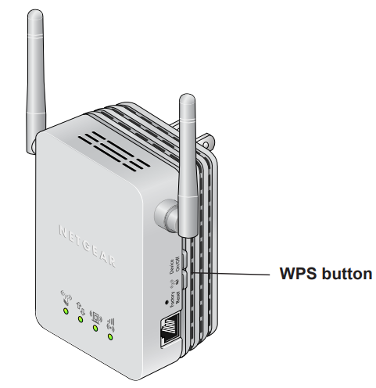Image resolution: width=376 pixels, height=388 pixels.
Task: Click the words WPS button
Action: [x=326, y=274]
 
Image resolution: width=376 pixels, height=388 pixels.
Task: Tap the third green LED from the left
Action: [x=95, y=329]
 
